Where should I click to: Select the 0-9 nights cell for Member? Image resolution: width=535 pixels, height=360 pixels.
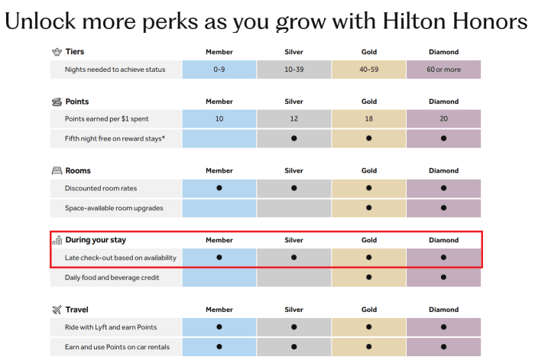219,69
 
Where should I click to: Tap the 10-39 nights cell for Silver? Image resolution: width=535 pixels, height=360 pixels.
293,69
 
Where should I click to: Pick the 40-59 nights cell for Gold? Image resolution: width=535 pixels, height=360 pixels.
368,69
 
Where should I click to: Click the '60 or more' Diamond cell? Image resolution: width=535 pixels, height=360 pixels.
443,69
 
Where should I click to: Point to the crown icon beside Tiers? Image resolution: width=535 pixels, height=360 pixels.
57,52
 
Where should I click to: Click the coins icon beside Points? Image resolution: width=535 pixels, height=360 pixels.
57,102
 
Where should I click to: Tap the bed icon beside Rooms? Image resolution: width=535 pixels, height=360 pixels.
57,170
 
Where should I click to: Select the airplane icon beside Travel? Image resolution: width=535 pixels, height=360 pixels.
57,310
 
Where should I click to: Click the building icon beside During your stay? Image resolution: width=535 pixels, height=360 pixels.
57,240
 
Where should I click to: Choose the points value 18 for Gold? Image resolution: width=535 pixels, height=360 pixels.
368,118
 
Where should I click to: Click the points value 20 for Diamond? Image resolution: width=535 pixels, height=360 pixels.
443,118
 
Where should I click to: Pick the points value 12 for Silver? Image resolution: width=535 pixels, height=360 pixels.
293,118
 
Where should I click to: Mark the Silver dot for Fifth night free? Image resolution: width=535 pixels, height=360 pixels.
293,138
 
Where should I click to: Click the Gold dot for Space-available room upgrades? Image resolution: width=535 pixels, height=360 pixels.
368,208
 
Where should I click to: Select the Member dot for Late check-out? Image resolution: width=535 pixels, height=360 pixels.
219,258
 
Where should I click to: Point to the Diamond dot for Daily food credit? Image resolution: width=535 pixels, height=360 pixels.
443,277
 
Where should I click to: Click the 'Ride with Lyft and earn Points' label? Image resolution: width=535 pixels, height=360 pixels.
111,327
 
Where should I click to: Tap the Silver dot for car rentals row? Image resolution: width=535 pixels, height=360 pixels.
293,347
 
